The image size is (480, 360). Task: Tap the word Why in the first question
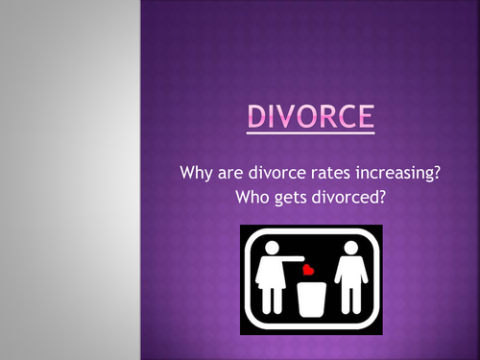pos(195,175)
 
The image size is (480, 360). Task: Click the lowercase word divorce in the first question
pos(276,175)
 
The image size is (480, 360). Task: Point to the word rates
pos(332,175)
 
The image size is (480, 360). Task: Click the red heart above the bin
pos(309,271)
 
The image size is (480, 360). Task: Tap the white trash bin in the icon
pos(310,297)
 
